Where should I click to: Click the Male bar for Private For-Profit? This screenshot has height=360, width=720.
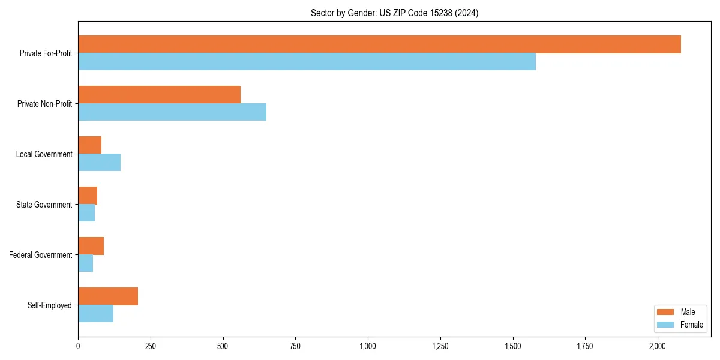(379, 44)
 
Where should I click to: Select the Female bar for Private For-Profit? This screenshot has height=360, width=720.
(307, 62)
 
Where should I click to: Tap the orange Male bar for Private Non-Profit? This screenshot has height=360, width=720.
(159, 95)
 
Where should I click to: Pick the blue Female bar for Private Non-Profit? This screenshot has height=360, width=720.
(172, 112)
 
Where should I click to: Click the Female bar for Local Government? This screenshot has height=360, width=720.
(99, 163)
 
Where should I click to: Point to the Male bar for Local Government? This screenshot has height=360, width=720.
(89, 145)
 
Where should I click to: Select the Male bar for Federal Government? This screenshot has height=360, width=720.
(91, 246)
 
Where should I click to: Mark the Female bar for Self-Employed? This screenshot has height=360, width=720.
(95, 314)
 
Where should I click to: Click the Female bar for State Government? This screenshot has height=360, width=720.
(86, 213)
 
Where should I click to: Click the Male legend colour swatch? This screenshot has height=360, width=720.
(665, 312)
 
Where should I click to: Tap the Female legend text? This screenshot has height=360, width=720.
(691, 325)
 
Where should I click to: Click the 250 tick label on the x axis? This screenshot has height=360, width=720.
(151, 346)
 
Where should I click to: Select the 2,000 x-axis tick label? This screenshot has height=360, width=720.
(658, 346)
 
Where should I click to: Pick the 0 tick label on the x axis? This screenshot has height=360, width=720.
(78, 346)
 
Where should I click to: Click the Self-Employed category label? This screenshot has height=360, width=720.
(50, 305)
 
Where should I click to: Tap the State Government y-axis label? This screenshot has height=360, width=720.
(44, 205)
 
